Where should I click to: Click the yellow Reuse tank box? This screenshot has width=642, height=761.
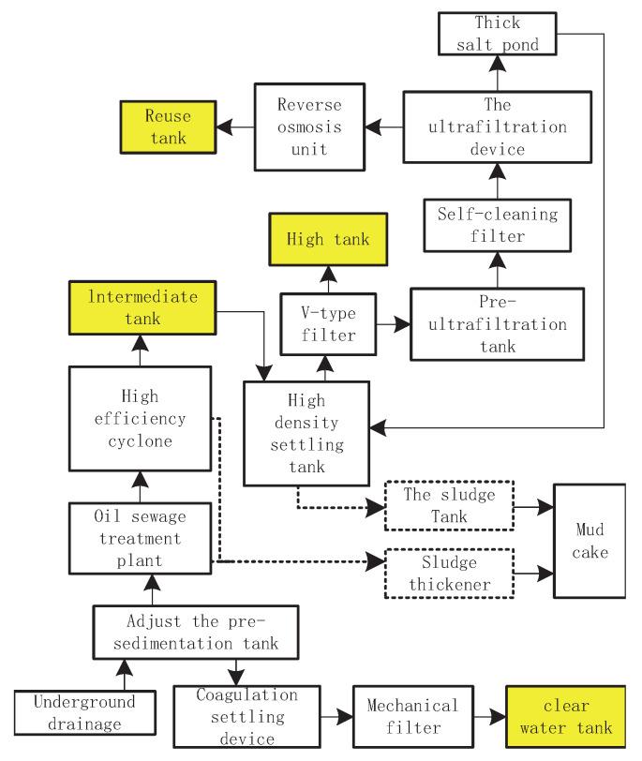coord(168,127)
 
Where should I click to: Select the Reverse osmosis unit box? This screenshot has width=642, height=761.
coord(309,127)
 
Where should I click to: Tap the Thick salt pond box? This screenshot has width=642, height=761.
coord(498,34)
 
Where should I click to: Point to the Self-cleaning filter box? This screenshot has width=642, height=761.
coord(498,225)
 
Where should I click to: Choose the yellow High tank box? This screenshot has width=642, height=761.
coord(328,239)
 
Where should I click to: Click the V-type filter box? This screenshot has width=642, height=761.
coord(328,324)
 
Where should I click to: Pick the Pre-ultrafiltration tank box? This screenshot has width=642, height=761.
coord(498,324)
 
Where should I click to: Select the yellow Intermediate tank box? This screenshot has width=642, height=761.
coord(142,307)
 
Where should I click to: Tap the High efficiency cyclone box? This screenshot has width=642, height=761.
coord(140,418)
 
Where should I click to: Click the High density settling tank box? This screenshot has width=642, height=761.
coord(306,433)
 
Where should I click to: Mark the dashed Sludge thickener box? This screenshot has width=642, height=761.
coord(449,574)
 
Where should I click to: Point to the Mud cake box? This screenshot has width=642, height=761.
coord(590,541)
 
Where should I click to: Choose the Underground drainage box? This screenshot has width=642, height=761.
coord(85,712)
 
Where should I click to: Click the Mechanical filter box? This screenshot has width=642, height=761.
coord(413,716)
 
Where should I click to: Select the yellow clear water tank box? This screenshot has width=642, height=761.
coord(566,716)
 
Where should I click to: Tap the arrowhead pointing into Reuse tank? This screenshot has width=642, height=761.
coord(224,127)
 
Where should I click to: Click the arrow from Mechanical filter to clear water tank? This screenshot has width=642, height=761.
coord(490,716)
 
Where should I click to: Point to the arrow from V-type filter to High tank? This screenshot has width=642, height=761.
coord(329,279)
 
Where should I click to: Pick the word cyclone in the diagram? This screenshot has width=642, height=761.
coord(140,441)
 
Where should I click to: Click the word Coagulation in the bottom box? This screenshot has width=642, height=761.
coord(247,694)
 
